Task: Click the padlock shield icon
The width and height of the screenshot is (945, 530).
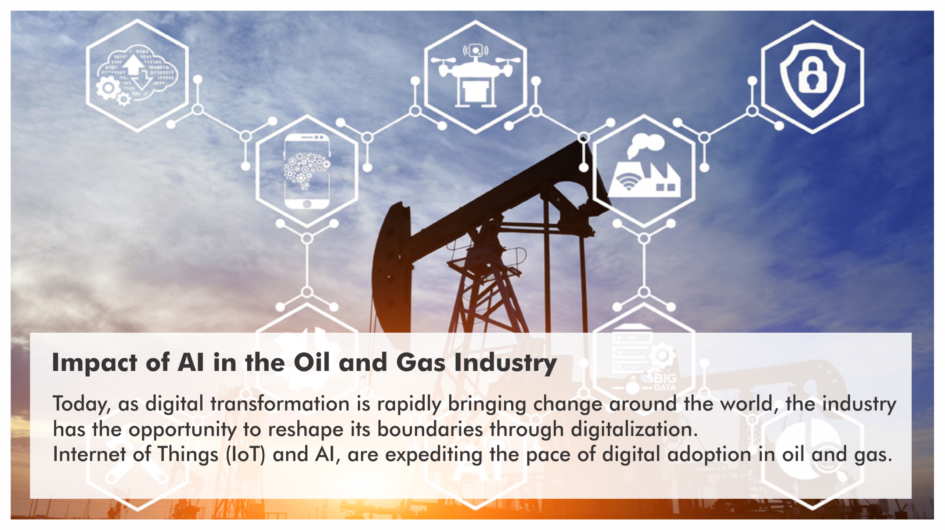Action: (x=812, y=80)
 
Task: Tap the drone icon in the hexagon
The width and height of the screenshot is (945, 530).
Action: (x=476, y=75)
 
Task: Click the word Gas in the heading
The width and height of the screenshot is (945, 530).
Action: (x=421, y=363)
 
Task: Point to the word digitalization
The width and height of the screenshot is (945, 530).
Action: (x=634, y=429)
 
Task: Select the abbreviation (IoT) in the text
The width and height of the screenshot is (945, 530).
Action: (x=246, y=454)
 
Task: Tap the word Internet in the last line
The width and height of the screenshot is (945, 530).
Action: (x=89, y=454)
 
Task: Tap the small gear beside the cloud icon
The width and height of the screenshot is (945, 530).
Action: (x=124, y=99)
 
